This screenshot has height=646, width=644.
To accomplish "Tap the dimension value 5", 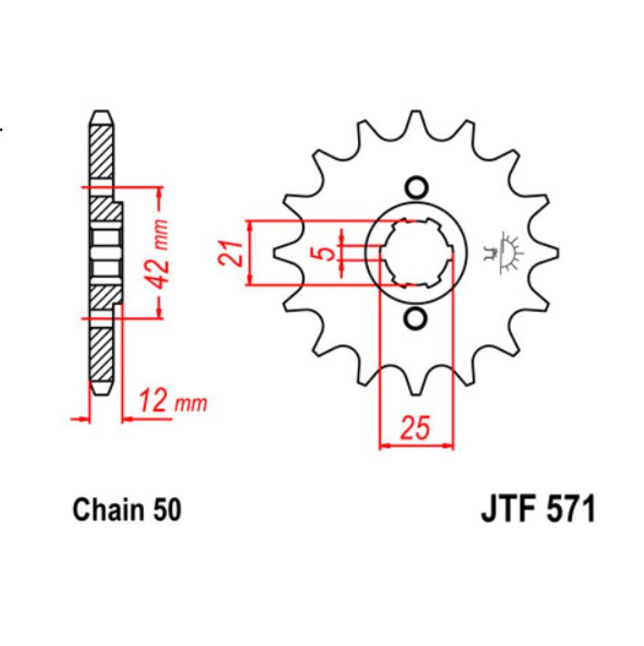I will tap(325, 252).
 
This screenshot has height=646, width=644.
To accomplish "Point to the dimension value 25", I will tap(415, 428).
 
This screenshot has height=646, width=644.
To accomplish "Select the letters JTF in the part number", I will tap(506, 509).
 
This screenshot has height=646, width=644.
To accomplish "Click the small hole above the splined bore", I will tap(416, 188).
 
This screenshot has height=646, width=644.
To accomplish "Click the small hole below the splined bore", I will tap(416, 318).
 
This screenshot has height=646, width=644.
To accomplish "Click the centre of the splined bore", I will tap(416, 252).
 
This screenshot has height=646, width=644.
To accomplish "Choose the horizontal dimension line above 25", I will tap(415, 446).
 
